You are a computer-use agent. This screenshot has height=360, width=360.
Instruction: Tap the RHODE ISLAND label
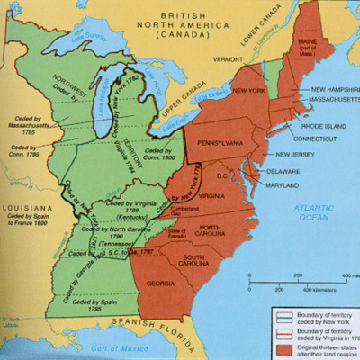click(319, 125)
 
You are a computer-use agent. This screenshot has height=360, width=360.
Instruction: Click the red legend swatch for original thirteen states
click(280, 345)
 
